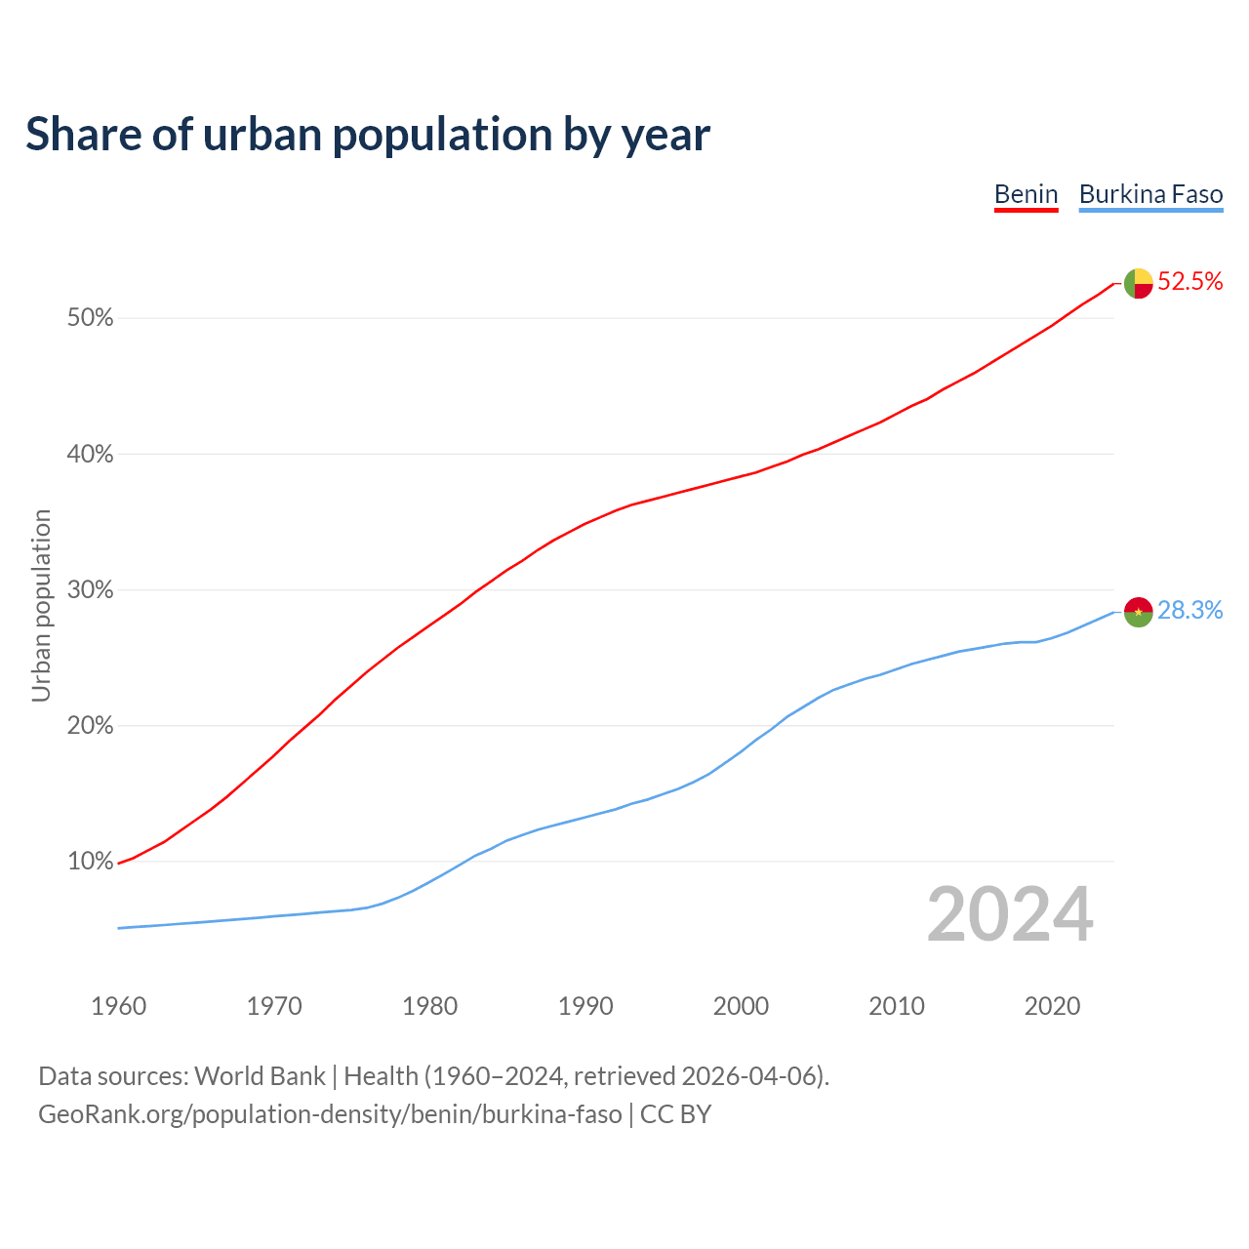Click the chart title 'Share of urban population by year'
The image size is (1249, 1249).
pos(368,134)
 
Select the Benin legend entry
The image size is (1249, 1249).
pos(1026,194)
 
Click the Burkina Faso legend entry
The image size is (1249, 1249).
pos(1150,194)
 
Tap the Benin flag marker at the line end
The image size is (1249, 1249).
pos(1138,283)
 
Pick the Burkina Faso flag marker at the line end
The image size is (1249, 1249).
pos(1138,612)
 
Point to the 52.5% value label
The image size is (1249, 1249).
pos(1189,282)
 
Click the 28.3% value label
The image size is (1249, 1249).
pos(1189,611)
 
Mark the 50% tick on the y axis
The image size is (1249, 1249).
pos(90,318)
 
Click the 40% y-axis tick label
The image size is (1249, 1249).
pos(90,455)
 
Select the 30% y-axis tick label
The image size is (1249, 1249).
pos(90,590)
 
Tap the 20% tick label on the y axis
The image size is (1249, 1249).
pos(90,726)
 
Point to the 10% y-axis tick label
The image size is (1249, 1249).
pos(90,862)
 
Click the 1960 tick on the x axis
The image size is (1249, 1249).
pos(118,1006)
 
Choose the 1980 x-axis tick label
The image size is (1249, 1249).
pos(429,1006)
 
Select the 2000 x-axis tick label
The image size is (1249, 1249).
pos(741,1006)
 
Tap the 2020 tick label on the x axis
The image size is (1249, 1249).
pos(1052,1006)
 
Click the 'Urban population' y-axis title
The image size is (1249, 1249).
pos(41,605)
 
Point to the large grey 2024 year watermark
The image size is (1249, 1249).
pos(1009,915)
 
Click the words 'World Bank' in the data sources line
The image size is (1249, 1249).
pos(260,1076)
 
